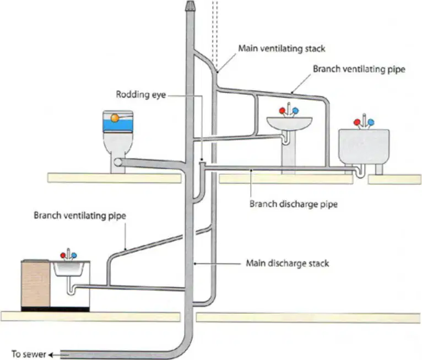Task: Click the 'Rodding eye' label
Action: tap(140, 94)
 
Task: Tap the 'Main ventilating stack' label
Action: tap(282, 49)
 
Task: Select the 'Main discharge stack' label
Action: tap(288, 263)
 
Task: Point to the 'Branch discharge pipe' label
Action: tap(293, 204)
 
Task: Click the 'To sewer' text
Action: tap(29, 354)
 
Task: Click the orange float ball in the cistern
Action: tap(115, 117)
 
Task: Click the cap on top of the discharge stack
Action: tap(190, 6)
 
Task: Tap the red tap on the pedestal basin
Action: tap(282, 110)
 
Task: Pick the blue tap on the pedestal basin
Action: tap(295, 110)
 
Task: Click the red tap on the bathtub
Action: tap(357, 122)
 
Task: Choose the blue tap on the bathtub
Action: tap(371, 122)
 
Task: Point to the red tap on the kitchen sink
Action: tap(63, 255)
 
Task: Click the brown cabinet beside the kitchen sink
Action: tap(35, 283)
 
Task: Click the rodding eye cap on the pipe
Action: tap(202, 163)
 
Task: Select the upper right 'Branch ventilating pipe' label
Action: tap(359, 69)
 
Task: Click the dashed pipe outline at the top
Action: tap(214, 33)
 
